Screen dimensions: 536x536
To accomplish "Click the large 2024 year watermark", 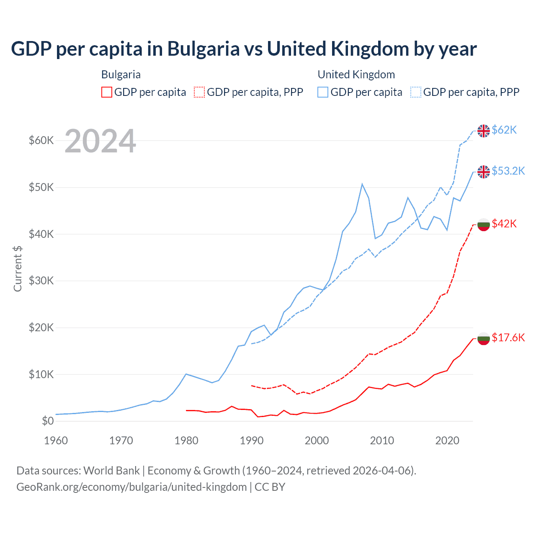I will pos(100,141).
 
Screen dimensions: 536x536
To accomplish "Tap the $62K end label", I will pos(504,130).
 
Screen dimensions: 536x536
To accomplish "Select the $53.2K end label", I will pos(508,171).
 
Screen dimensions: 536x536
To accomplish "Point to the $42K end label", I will pos(504,224).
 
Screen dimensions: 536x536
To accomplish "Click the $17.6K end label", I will pos(508,338).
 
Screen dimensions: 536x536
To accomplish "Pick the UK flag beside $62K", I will pos(484,131).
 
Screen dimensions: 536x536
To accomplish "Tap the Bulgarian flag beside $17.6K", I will pos(484,338).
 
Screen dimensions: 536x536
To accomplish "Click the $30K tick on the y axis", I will pos(41,281).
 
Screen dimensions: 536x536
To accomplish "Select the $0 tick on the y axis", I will pos(48,421).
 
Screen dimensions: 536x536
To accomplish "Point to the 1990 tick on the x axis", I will pos(252,441).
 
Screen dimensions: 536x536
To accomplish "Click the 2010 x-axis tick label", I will pos(382,441).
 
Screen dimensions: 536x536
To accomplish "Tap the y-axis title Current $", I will pos(18,268).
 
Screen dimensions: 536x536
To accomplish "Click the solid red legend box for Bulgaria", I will pos(107,92).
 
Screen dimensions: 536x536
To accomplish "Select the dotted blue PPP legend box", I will pos(416,92).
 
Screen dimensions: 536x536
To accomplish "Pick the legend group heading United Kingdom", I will pos(356,75).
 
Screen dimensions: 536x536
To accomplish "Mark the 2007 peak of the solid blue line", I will pos(362,184).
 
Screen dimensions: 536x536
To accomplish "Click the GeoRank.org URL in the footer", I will pos(131,487).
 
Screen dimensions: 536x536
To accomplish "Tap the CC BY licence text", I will pos(270,487).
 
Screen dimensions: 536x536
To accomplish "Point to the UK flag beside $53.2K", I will pos(484,172).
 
